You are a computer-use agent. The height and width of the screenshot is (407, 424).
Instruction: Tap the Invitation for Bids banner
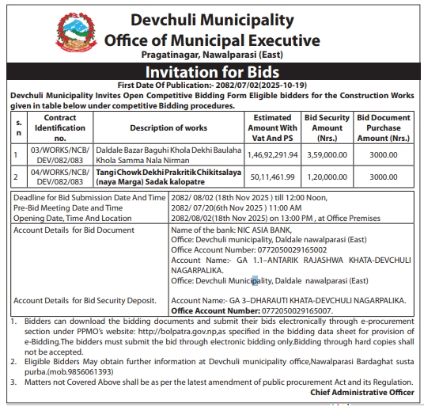click(x=212, y=72)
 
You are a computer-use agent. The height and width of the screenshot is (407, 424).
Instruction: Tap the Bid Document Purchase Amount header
click(x=384, y=127)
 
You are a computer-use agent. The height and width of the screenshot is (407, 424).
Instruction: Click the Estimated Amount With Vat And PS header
click(x=274, y=127)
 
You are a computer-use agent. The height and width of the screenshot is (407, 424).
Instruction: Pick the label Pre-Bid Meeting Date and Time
click(x=64, y=207)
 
